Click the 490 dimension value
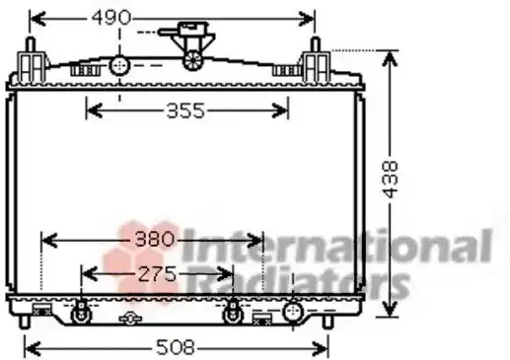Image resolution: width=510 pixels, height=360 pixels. point(111,18)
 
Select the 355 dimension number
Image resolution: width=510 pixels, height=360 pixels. point(185,110)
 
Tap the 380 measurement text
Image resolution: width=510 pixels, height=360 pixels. point(154,239)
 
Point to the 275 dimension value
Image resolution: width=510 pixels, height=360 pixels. point(157,274)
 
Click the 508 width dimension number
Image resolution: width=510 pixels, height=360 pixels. point(176,347)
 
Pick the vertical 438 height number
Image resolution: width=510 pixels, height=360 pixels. point(391,180)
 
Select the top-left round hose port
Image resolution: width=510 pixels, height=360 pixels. point(119,66)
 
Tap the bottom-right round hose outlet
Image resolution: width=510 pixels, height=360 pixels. point(293,312)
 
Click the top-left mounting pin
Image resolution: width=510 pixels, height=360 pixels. point(31,45)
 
